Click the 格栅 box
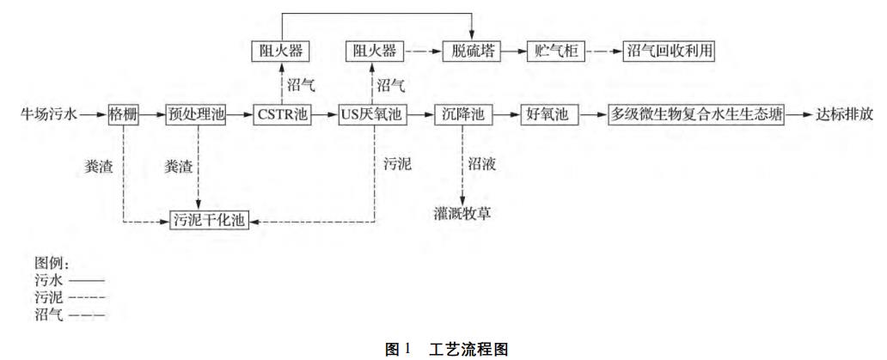[124, 115]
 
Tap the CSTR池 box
[283, 115]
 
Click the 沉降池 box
[464, 115]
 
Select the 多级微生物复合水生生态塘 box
[697, 115]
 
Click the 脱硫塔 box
[472, 52]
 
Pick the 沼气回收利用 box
[668, 52]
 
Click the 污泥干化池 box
[208, 222]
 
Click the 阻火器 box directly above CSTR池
[283, 52]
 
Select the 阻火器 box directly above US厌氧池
[375, 52]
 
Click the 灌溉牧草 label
[463, 212]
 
